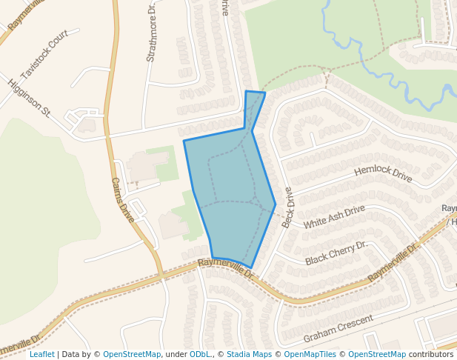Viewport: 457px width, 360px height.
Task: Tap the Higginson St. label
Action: point(29,98)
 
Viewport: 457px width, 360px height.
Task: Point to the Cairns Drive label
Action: point(122,200)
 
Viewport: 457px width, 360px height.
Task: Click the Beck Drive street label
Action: point(287,207)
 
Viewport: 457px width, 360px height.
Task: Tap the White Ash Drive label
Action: point(334,216)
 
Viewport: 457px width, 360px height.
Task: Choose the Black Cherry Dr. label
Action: point(336,253)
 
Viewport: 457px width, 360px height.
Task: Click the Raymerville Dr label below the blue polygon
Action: point(226,268)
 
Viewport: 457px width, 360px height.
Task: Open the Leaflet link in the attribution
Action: point(42,354)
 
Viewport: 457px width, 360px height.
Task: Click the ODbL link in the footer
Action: point(199,354)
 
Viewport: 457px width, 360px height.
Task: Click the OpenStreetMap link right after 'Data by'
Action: point(132,354)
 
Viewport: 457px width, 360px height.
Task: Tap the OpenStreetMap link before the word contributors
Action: point(377,354)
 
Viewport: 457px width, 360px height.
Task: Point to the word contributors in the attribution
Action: point(431,354)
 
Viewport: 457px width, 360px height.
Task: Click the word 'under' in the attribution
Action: point(176,354)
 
